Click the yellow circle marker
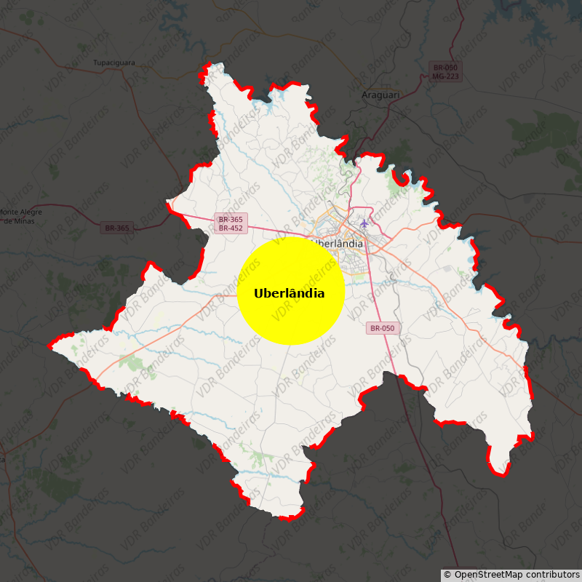(x=290, y=290)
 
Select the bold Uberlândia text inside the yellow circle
(x=289, y=293)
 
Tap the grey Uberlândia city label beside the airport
(x=338, y=244)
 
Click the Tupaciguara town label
(x=114, y=63)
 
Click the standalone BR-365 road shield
(x=116, y=228)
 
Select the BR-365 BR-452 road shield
(x=231, y=223)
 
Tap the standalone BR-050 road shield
(x=382, y=328)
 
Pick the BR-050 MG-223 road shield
(x=445, y=71)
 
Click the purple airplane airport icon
(x=364, y=223)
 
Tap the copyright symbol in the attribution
(x=447, y=575)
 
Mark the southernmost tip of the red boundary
(x=289, y=519)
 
